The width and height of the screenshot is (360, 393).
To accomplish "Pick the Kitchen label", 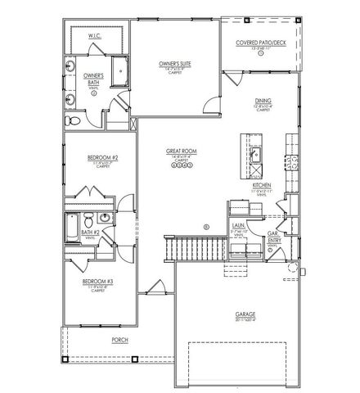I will pyautogui.click(x=262, y=186).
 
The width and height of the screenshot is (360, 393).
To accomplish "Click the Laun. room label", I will pyautogui.click(x=239, y=224).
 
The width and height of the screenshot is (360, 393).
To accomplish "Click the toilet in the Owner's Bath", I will pyautogui.click(x=73, y=120).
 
